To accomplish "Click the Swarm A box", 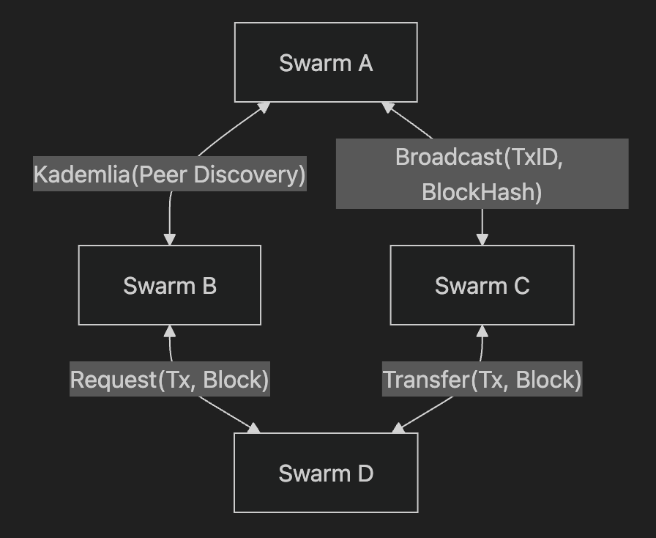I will coord(326,62).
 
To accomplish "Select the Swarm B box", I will coord(170,285).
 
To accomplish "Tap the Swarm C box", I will coord(482,285).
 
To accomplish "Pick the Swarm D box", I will coord(326,473).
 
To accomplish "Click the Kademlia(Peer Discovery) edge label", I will coord(169,174).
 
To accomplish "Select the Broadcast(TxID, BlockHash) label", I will coord(482,174).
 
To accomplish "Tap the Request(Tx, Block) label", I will coord(170,380).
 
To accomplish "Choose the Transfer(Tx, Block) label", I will coord(482,380).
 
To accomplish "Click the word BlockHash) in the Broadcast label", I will coord(482,192).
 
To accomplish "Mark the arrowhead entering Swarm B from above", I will coord(170,239).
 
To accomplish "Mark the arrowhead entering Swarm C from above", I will coord(482,239).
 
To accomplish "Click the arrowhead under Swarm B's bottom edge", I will coord(170,331).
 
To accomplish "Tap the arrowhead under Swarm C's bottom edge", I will coord(482,331).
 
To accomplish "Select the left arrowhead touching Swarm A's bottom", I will coord(263,108).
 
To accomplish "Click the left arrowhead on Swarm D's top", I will coord(253,428).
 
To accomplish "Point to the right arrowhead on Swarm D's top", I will coord(398,428).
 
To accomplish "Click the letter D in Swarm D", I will coord(365,473).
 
